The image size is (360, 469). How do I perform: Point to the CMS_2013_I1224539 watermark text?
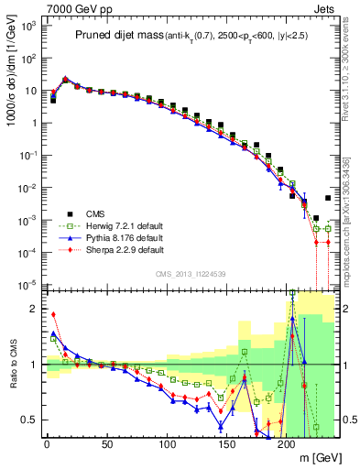pyautogui.click(x=189, y=272)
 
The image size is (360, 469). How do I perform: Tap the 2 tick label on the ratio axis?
pyautogui.click(x=33, y=309)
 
